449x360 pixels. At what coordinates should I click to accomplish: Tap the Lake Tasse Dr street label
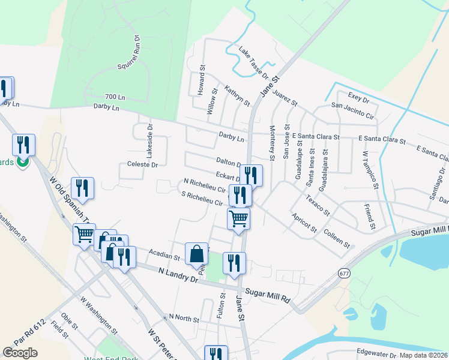click(254, 62)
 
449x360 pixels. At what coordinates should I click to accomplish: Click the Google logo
click(20, 352)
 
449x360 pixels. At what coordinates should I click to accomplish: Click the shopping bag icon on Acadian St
click(197, 254)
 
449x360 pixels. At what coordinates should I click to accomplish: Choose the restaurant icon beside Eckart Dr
click(251, 176)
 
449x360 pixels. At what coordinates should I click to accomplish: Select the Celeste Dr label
click(142, 164)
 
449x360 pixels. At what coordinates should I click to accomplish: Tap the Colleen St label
click(336, 236)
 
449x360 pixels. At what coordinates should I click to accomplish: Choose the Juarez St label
click(285, 95)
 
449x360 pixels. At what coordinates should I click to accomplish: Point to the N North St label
click(184, 317)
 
